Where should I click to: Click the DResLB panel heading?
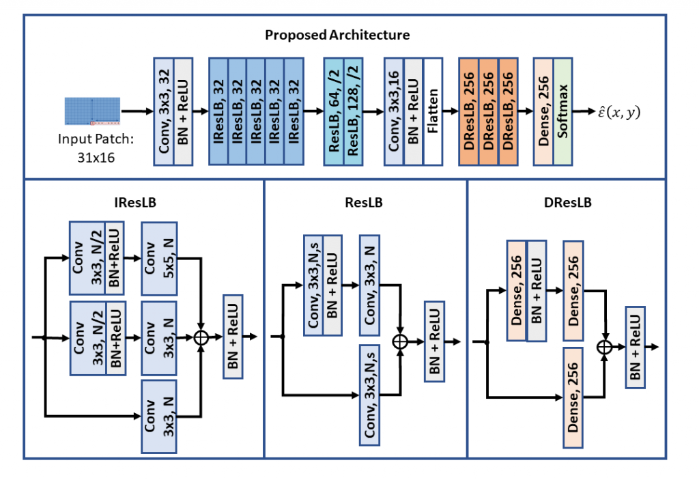point(566,202)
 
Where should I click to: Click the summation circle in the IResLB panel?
point(201,337)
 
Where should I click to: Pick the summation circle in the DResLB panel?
point(604,347)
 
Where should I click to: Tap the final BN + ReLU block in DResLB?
point(635,347)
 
